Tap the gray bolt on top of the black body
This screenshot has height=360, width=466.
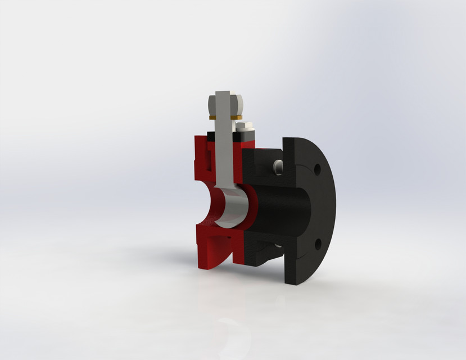pos(277,166)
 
